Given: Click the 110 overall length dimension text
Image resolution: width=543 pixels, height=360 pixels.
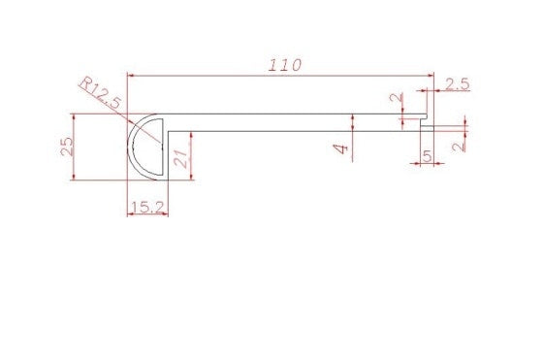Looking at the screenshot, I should (286, 65).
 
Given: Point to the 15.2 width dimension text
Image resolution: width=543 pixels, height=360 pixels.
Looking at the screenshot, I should (147, 206).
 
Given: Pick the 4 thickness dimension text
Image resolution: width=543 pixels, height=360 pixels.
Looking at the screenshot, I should (340, 148).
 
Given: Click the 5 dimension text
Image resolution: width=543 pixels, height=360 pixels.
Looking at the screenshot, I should (428, 155).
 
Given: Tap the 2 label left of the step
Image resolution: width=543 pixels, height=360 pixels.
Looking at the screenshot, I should (394, 99).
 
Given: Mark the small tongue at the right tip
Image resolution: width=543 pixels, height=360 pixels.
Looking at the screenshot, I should (427, 124).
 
